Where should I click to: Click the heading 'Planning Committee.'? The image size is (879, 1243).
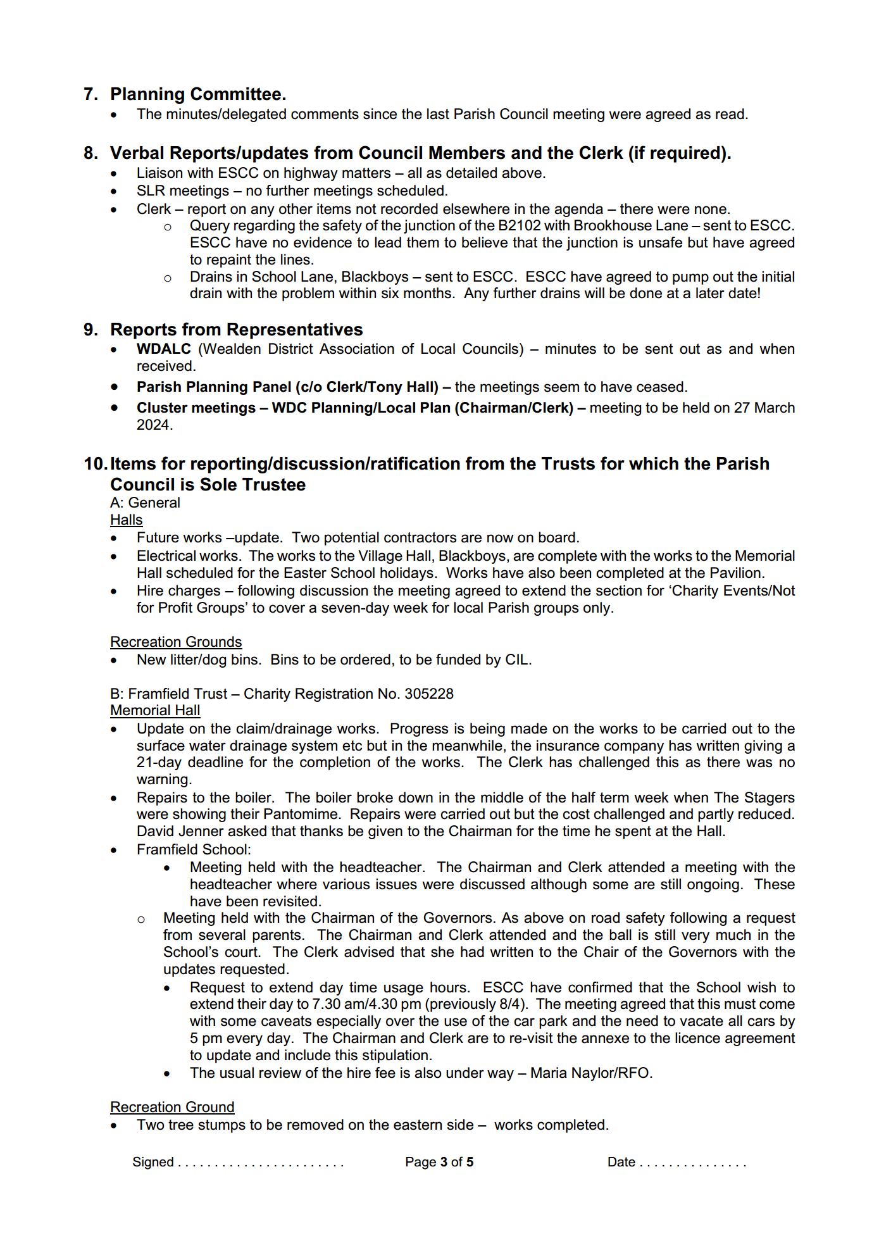pyautogui.click(x=197, y=94)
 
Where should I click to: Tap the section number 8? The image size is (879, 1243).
pyautogui.click(x=90, y=153)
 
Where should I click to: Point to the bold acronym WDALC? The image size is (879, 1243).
pyautogui.click(x=163, y=349)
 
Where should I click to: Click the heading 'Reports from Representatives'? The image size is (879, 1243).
pyautogui.click(x=236, y=330)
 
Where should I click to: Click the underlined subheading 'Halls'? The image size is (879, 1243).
pyautogui.click(x=126, y=520)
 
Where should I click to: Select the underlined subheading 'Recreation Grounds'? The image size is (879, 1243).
pyautogui.click(x=175, y=642)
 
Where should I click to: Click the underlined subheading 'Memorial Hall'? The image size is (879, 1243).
pyautogui.click(x=154, y=711)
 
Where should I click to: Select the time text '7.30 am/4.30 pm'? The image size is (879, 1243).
pyautogui.click(x=366, y=1004)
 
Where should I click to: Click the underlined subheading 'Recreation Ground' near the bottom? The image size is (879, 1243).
pyautogui.click(x=171, y=1108)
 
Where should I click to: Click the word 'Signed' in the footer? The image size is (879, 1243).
pyautogui.click(x=153, y=1163)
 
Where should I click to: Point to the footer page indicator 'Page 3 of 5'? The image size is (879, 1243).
pyautogui.click(x=439, y=1163)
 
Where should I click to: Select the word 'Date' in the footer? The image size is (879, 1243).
pyautogui.click(x=621, y=1163)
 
